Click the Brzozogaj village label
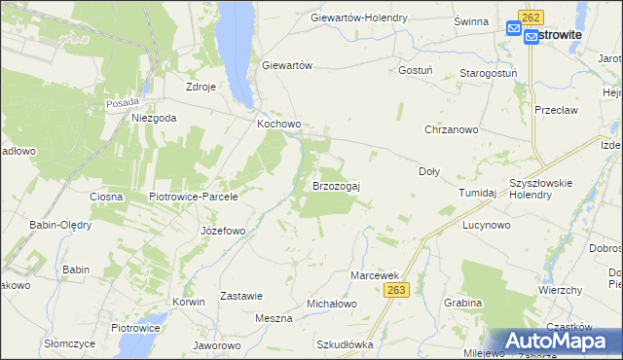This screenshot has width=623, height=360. (336, 185)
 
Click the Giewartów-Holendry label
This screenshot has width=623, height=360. (372, 18)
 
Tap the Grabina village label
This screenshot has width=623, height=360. (462, 303)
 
